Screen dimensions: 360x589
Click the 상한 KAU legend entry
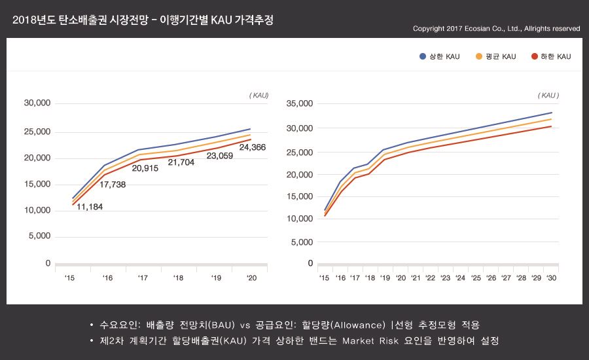coord(440,57)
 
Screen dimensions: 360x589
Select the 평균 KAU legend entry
coord(496,57)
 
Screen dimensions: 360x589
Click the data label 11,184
coord(90,207)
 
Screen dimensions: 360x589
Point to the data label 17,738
coord(113,185)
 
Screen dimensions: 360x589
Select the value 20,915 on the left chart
coord(145,168)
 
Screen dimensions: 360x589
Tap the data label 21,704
coord(181,162)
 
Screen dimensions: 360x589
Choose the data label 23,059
coord(220,156)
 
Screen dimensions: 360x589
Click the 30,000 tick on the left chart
coord(37,103)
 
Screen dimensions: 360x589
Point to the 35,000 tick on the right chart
coord(300,103)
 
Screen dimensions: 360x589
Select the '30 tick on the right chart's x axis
coord(551,278)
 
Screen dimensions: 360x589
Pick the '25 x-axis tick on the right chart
coord(476,278)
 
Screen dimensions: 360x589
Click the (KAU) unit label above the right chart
coord(548,95)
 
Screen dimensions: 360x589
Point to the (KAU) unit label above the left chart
coord(259,95)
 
